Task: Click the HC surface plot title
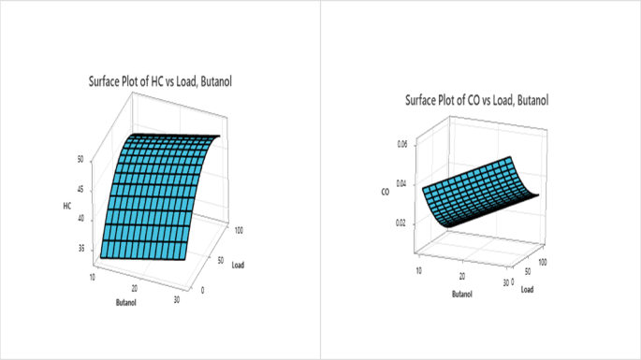pos(160,82)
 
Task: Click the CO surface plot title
pos(476,100)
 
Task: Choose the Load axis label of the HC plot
pos(239,265)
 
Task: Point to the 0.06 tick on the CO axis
pos(401,144)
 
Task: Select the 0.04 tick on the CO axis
pos(401,183)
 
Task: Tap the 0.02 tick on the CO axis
pos(401,223)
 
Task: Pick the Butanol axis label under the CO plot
pos(462,294)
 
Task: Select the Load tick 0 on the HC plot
pos(204,290)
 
